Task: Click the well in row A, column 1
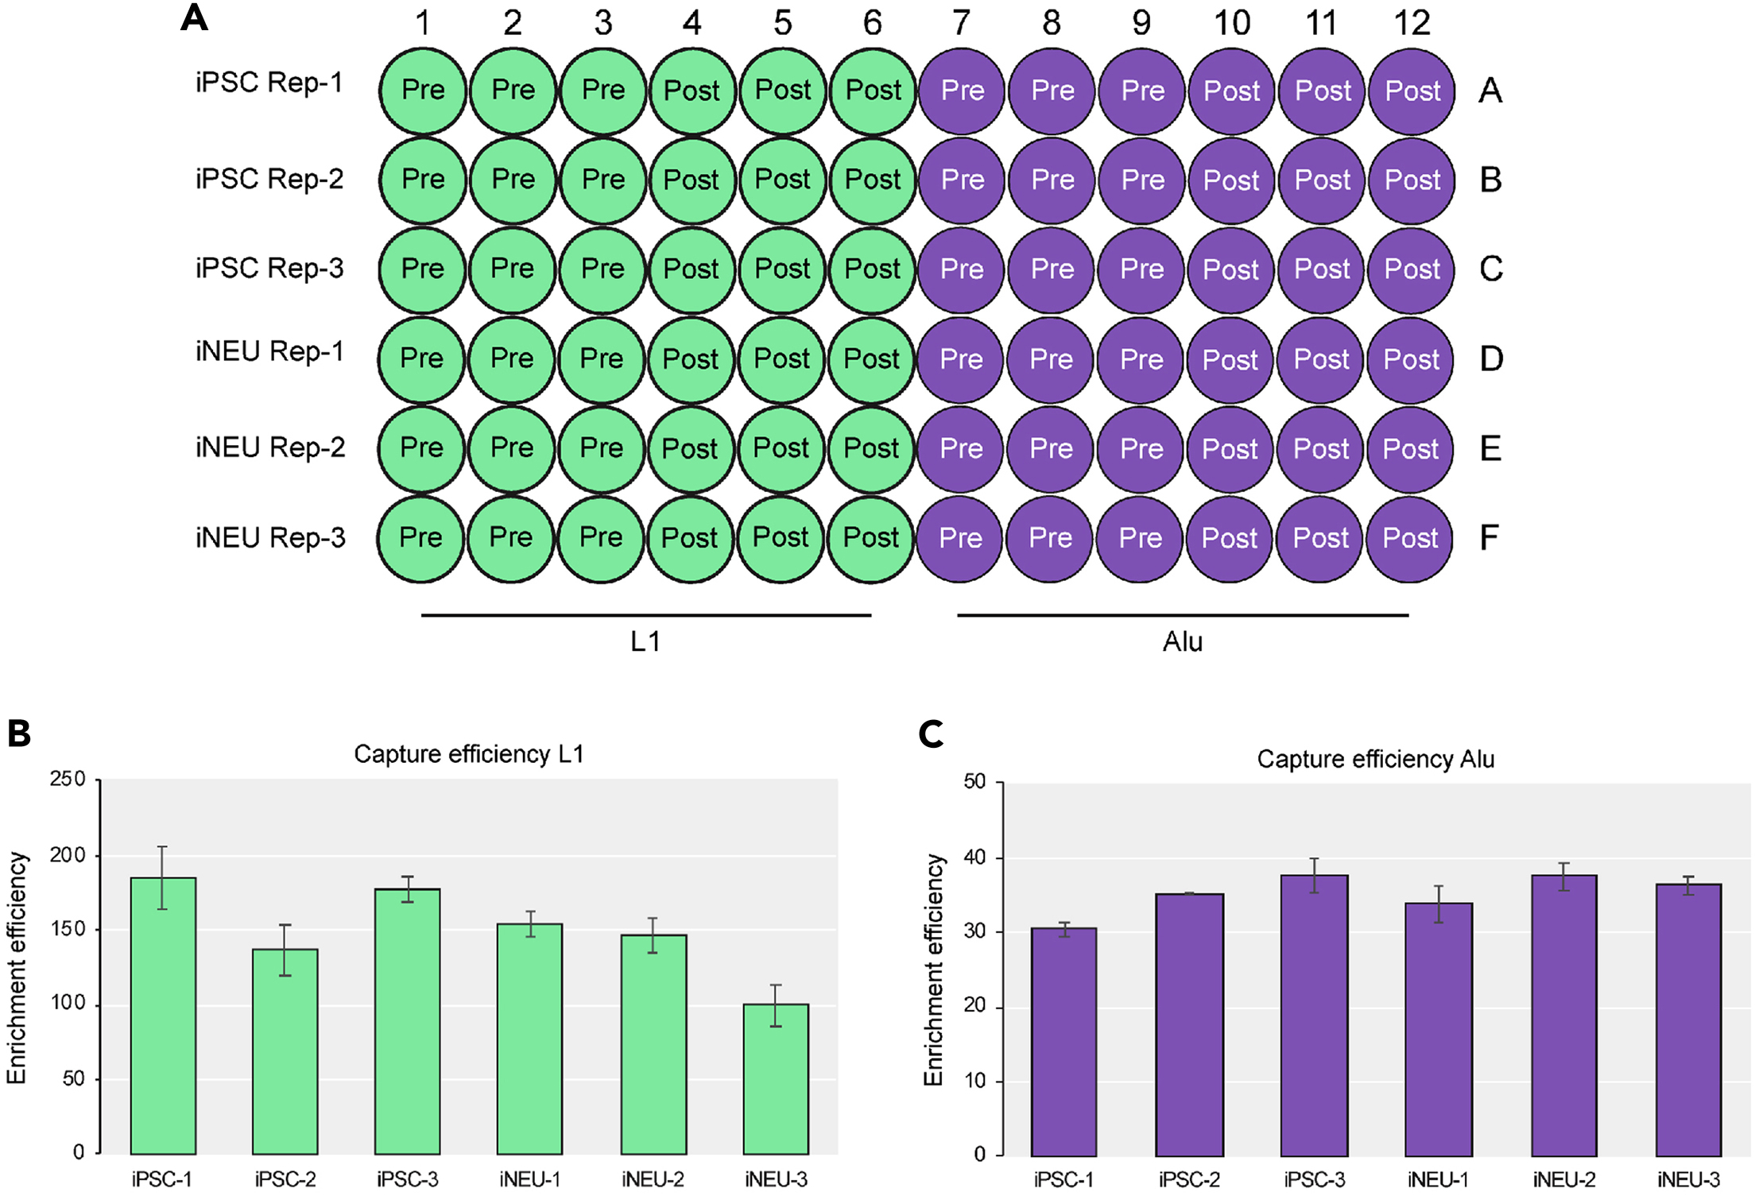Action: pyautogui.click(x=423, y=91)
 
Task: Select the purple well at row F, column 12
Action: pyautogui.click(x=1410, y=539)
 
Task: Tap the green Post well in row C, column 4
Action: pyautogui.click(x=691, y=269)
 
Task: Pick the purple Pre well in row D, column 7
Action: pyautogui.click(x=961, y=359)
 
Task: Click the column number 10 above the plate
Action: pyautogui.click(x=1232, y=23)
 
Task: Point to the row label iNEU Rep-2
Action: pyautogui.click(x=270, y=448)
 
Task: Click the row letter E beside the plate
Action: pyautogui.click(x=1490, y=449)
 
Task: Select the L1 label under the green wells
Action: pyautogui.click(x=645, y=641)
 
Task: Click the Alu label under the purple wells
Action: pyautogui.click(x=1183, y=641)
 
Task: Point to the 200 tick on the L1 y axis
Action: pyautogui.click(x=68, y=855)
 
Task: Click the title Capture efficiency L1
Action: pyautogui.click(x=468, y=753)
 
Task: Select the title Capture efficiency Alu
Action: pyautogui.click(x=1375, y=759)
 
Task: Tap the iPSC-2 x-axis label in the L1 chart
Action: pyautogui.click(x=285, y=1179)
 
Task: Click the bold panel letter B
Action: pyautogui.click(x=19, y=733)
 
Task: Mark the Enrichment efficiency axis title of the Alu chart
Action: pyautogui.click(x=933, y=970)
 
